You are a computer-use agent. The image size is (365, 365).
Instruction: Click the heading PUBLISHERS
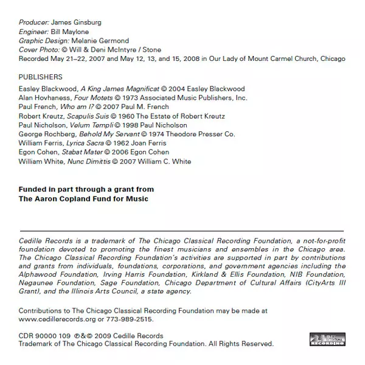(41, 77)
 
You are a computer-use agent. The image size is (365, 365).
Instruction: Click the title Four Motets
(92, 97)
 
